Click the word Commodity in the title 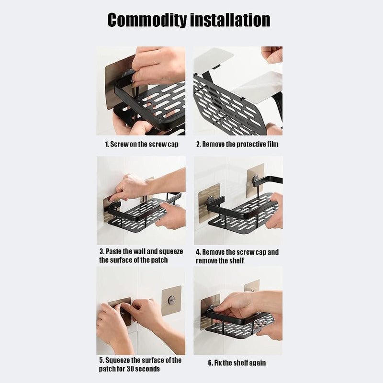147,20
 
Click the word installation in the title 230,20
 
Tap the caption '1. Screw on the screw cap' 142,144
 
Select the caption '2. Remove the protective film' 237,144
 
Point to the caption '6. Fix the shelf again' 237,363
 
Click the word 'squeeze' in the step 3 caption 171,252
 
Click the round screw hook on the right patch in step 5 171,300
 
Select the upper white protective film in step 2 213,58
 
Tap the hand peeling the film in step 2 272,55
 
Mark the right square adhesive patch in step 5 171,301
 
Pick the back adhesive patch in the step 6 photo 252,285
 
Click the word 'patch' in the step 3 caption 159,260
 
